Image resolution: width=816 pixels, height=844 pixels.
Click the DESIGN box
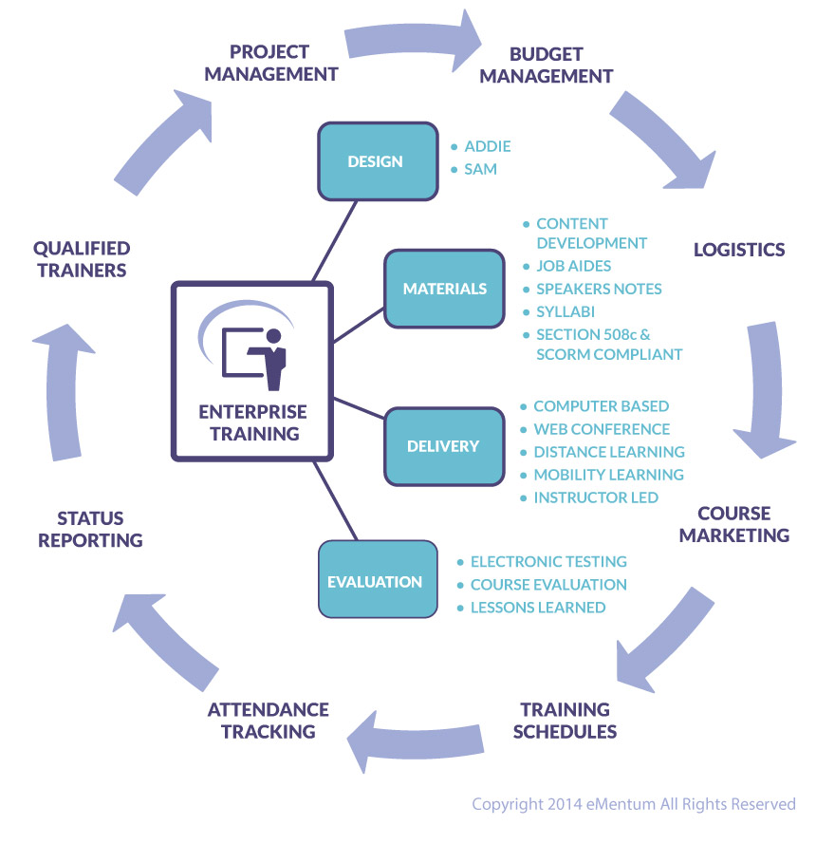pyautogui.click(x=375, y=161)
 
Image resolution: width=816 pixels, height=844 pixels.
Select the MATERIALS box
pyautogui.click(x=444, y=289)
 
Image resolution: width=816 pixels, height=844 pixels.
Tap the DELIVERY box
pyautogui.click(x=442, y=445)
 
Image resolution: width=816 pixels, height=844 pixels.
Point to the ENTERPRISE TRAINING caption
pyautogui.click(x=252, y=423)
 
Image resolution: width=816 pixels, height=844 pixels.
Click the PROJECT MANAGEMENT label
pyautogui.click(x=270, y=62)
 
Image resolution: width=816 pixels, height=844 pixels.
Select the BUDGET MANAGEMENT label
pyautogui.click(x=546, y=65)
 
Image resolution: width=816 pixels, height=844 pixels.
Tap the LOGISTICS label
pyautogui.click(x=739, y=250)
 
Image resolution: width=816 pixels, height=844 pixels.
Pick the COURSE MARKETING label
pyautogui.click(x=733, y=524)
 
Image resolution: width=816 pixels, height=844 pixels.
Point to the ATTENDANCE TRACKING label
pyautogui.click(x=268, y=720)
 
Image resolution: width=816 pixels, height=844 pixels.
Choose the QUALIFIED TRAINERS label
pyautogui.click(x=81, y=258)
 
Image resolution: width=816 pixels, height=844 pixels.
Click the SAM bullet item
pyautogui.click(x=480, y=169)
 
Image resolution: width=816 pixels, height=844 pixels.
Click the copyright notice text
pyautogui.click(x=633, y=804)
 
